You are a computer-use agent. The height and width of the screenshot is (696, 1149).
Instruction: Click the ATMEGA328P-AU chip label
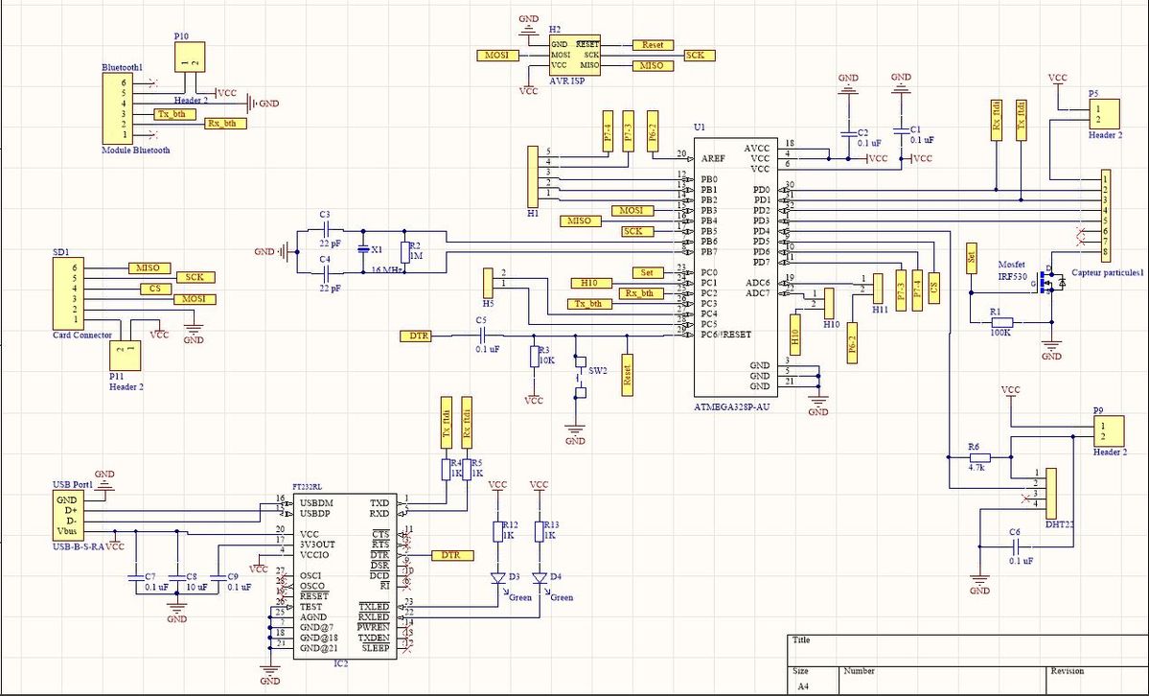(733, 406)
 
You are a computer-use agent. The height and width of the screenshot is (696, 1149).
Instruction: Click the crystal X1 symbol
(363, 249)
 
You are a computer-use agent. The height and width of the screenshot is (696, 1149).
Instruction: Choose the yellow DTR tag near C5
(418, 336)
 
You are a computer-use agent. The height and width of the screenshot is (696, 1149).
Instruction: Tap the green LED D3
(498, 578)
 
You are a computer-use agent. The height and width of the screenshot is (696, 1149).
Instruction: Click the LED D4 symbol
(540, 578)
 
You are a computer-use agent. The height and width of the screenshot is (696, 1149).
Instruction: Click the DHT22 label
(1060, 525)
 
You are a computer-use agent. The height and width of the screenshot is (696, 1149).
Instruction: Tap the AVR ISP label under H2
(567, 81)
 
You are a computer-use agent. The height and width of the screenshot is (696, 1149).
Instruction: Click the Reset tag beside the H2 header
(653, 45)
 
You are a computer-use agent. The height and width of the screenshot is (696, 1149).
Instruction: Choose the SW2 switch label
(598, 370)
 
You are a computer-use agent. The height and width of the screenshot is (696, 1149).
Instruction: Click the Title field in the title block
(801, 640)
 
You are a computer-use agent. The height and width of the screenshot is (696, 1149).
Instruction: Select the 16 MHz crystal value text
(385, 270)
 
